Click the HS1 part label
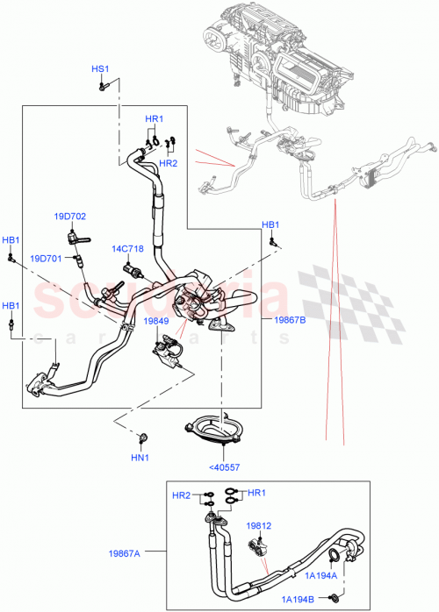point(100,69)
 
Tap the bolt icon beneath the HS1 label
point(103,85)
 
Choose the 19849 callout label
point(156,322)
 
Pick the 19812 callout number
point(258,526)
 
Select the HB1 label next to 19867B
point(272,225)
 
